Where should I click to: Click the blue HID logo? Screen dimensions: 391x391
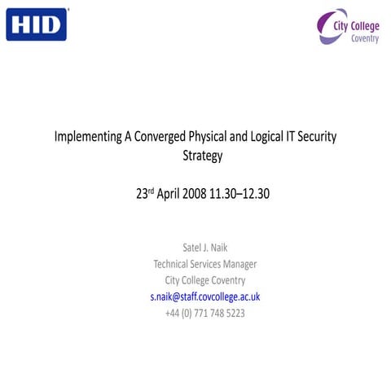tap(37, 24)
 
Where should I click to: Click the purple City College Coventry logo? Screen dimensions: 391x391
tap(348, 28)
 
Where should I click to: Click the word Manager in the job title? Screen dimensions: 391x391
tap(239, 264)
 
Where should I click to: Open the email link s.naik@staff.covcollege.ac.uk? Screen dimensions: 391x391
tap(205, 297)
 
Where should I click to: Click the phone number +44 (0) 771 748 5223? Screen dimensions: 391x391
tap(205, 313)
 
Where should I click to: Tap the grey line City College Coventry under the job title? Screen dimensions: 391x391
tap(205, 280)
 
